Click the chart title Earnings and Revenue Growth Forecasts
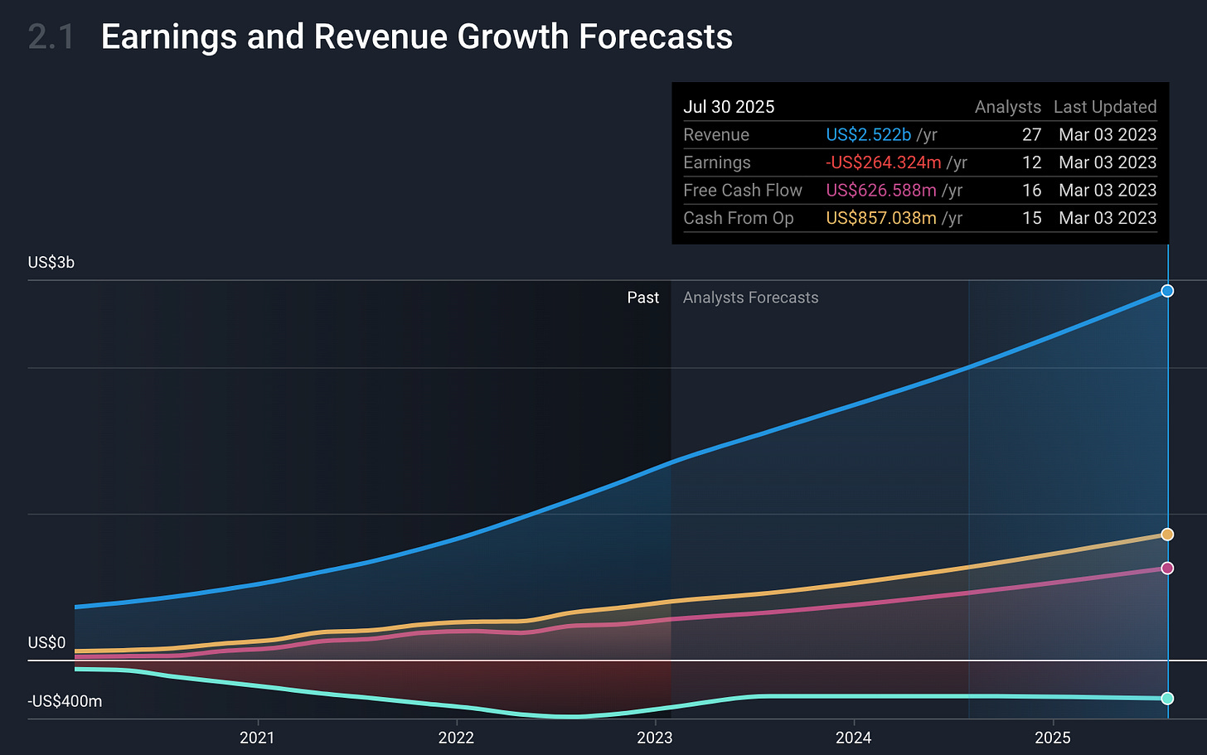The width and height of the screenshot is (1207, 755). tap(416, 37)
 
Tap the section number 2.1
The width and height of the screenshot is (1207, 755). tap(51, 37)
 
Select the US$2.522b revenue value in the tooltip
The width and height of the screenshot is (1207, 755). tap(868, 135)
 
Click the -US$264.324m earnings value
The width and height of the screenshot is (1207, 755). tap(883, 162)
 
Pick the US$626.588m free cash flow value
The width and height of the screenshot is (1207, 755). tap(880, 191)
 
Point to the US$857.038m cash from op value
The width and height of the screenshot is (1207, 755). tap(880, 218)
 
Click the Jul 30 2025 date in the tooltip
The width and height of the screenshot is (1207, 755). tap(729, 107)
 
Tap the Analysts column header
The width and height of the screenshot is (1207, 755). tap(1007, 107)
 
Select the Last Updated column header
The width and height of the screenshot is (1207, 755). tap(1104, 107)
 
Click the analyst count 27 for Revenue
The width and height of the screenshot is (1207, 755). tap(1031, 135)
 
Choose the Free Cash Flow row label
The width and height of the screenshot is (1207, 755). tap(742, 191)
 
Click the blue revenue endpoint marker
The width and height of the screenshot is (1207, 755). tap(1167, 291)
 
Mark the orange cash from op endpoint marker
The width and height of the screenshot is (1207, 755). tap(1167, 535)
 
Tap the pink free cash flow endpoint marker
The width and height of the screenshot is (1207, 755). tap(1167, 568)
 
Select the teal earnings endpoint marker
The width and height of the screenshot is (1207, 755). tap(1167, 699)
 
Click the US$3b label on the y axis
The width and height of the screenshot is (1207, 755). tap(51, 263)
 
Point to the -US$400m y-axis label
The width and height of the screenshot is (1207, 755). tap(65, 701)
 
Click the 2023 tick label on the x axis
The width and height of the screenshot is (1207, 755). tap(654, 738)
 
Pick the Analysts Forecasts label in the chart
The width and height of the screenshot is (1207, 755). tap(750, 298)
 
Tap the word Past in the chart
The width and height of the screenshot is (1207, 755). tap(642, 298)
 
